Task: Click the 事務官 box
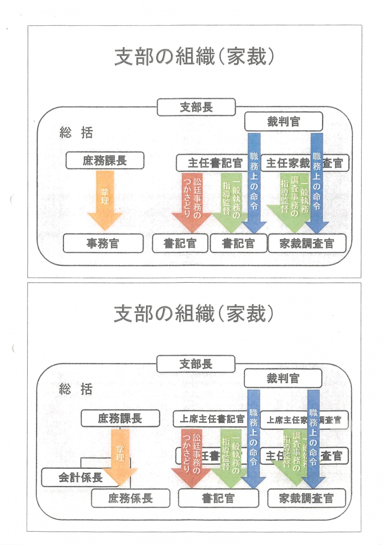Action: (103, 244)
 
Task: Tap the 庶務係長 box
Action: (130, 498)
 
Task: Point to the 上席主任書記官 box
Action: (209, 419)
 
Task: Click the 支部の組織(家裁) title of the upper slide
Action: (194, 58)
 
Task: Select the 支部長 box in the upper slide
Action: (196, 107)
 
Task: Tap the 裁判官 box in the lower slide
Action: (283, 379)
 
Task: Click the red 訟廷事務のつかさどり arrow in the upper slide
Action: (191, 201)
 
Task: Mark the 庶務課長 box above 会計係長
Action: (120, 419)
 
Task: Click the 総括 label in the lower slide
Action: (76, 389)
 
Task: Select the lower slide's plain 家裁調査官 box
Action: (306, 498)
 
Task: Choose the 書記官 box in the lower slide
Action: (218, 498)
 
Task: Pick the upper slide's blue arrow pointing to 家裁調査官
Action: (317, 187)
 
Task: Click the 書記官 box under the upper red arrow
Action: (180, 244)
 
